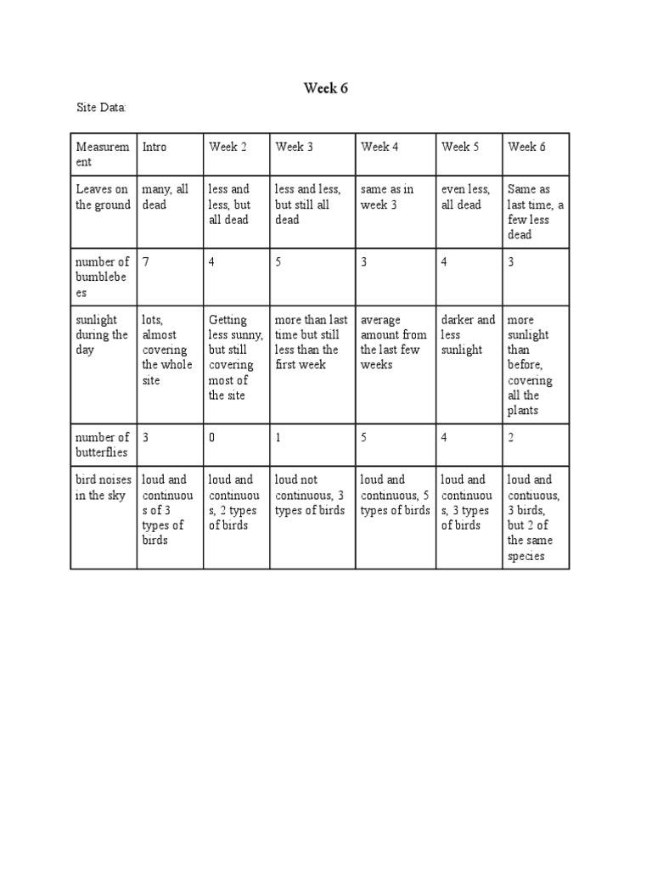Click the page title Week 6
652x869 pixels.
[326, 88]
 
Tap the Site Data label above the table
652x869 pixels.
[102, 108]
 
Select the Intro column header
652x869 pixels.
[155, 147]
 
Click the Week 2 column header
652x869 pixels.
[228, 147]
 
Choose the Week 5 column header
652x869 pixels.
[460, 147]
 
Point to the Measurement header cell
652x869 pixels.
[103, 154]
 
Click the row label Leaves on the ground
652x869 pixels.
[103, 197]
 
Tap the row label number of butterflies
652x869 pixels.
[103, 445]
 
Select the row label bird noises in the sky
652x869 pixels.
[103, 487]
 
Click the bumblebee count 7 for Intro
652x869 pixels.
[146, 262]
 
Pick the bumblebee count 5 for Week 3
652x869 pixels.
[278, 262]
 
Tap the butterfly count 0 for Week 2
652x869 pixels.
[213, 438]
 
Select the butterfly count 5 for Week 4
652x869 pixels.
[364, 438]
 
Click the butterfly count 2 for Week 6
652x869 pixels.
[511, 438]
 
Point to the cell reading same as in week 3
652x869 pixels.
[387, 197]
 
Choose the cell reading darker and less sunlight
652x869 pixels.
[468, 334]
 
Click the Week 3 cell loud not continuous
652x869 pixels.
[309, 495]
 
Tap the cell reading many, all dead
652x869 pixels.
[165, 197]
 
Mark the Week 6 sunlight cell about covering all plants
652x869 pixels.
[530, 365]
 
